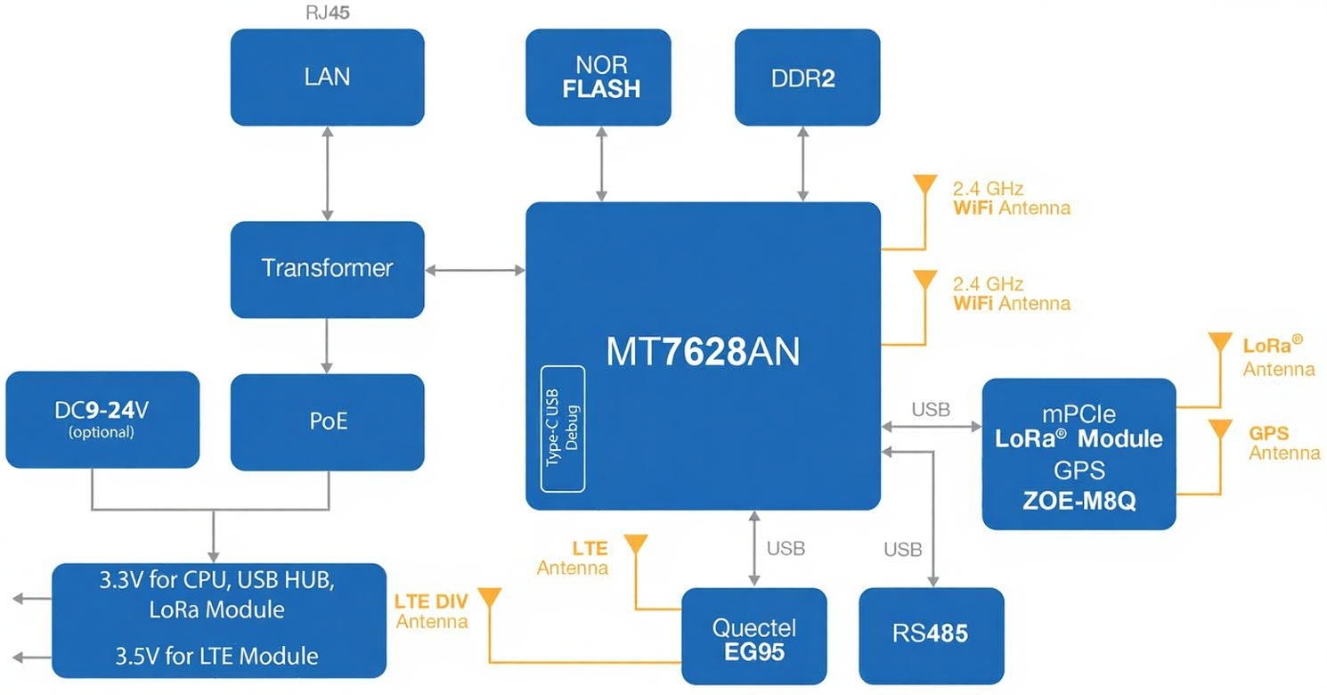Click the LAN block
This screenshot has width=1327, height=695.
click(x=327, y=77)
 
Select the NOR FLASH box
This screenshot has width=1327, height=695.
click(x=598, y=77)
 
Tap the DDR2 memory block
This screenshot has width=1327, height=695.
click(x=807, y=77)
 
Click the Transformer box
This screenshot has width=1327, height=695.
click(x=327, y=269)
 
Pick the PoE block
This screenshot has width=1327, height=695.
click(x=327, y=421)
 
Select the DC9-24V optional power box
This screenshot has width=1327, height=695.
click(x=102, y=420)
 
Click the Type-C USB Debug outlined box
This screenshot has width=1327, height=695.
click(x=563, y=428)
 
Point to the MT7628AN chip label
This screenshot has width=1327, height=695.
click(x=703, y=353)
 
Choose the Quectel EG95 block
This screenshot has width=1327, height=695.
click(x=754, y=639)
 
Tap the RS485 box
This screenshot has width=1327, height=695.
click(x=931, y=635)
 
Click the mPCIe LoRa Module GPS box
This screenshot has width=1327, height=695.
click(x=1079, y=454)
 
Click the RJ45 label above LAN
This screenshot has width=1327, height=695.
click(x=327, y=13)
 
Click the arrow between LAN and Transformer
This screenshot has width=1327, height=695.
click(x=328, y=174)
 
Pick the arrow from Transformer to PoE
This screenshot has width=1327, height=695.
click(x=328, y=345)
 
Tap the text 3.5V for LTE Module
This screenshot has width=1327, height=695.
click(x=216, y=657)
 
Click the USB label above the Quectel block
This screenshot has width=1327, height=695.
click(x=786, y=549)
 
